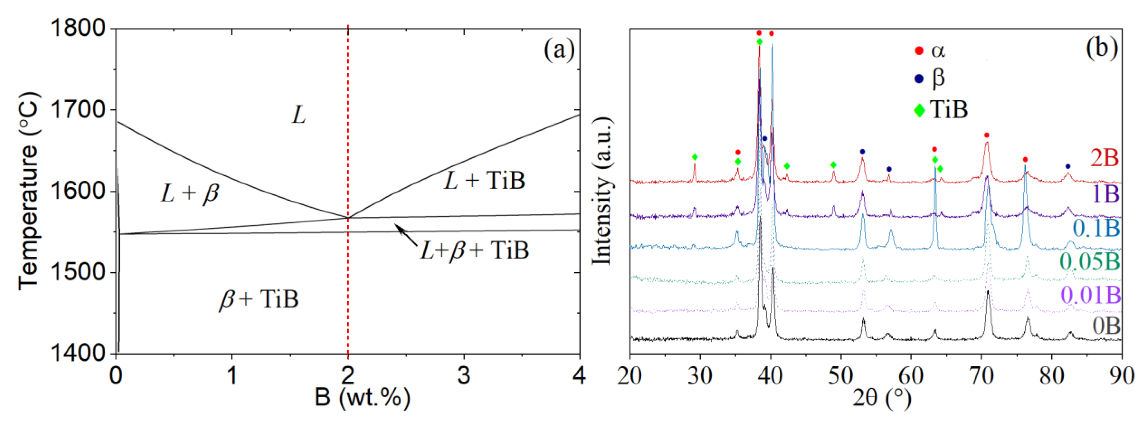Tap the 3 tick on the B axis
coord(464,376)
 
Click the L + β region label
coord(190,194)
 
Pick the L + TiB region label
coord(485,181)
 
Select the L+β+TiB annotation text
coord(475,251)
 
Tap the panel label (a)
coord(559,49)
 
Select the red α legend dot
coord(919,51)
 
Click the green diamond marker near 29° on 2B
coord(695,157)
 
